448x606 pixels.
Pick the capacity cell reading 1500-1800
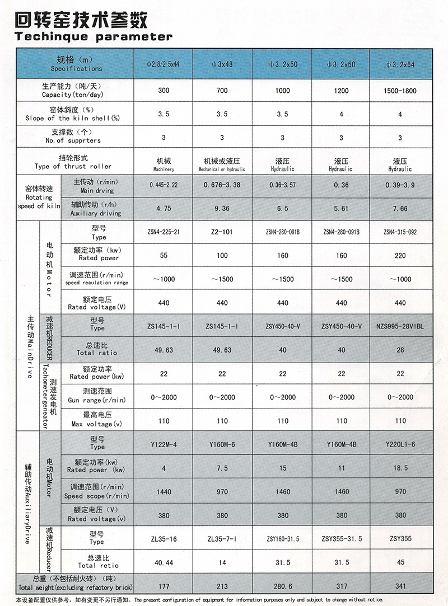point(400,91)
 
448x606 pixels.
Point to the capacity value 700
point(222,91)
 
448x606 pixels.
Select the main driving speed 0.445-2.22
point(163,185)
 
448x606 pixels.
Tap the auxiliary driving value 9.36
point(222,209)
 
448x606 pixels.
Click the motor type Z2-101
point(222,232)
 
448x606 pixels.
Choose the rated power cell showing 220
point(400,255)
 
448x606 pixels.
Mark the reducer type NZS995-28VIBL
point(400,326)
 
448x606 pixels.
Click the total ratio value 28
point(400,350)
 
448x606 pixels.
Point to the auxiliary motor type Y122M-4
point(163,445)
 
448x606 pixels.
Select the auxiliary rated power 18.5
point(400,468)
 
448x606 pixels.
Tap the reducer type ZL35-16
point(163,539)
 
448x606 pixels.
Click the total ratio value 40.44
point(163,562)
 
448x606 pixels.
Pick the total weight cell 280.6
point(282,586)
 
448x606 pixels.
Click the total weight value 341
point(400,586)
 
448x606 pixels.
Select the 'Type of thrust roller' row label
point(73,162)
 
